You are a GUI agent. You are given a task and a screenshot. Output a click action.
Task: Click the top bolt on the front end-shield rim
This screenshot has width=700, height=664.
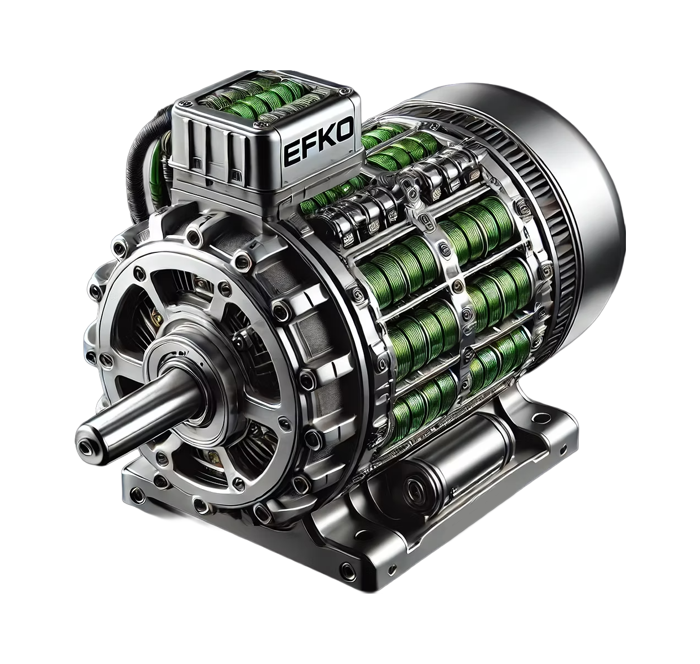(x=195, y=238)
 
